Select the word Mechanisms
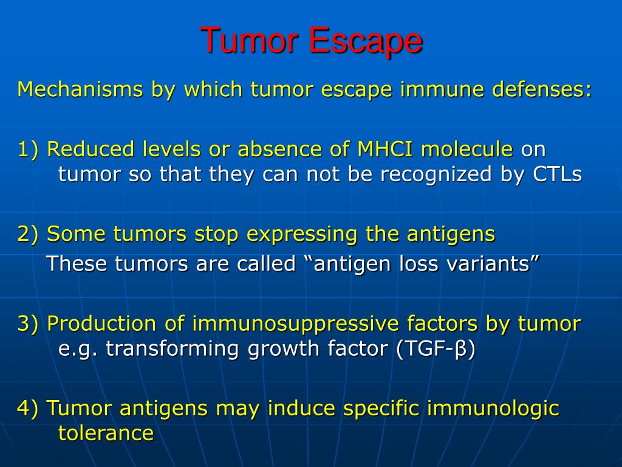[80, 89]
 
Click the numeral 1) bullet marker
[28, 150]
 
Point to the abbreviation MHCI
[384, 149]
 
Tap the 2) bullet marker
[28, 234]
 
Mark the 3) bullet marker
[28, 323]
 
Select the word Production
[101, 323]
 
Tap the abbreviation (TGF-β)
[436, 349]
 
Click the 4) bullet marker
[28, 408]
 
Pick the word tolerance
[106, 433]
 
